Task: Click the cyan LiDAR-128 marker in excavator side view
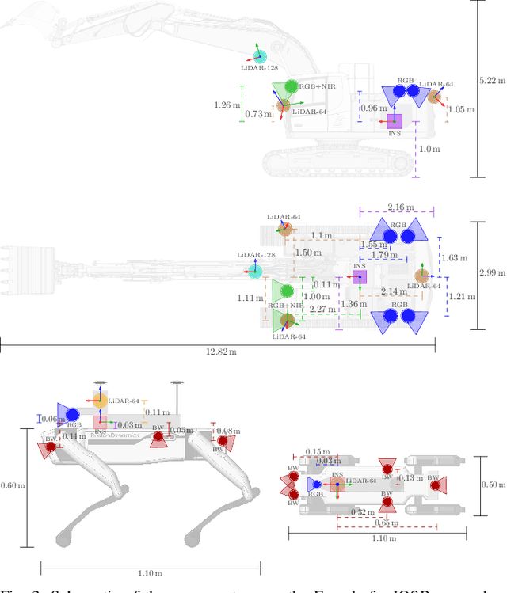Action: (x=259, y=56)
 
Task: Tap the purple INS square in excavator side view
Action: (x=394, y=121)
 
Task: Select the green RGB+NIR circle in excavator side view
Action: (x=291, y=86)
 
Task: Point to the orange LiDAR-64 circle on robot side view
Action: (x=100, y=401)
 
